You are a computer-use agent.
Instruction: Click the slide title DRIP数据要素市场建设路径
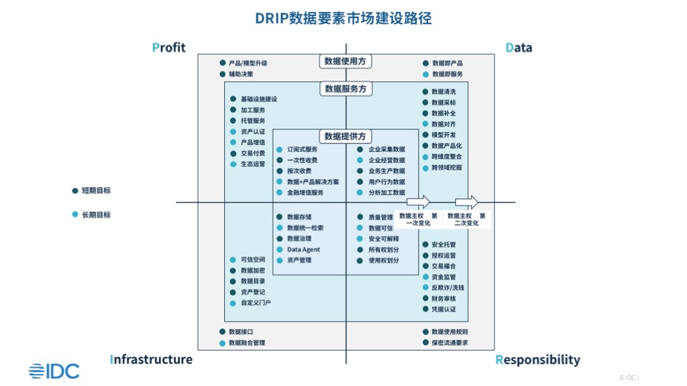(x=343, y=18)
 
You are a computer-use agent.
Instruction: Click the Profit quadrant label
(x=168, y=48)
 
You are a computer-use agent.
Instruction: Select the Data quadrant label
(x=519, y=48)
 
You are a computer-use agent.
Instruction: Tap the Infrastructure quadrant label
(x=151, y=359)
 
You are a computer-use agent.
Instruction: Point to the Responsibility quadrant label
(x=537, y=360)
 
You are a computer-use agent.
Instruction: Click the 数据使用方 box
(x=346, y=62)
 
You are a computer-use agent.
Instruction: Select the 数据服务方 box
(x=346, y=89)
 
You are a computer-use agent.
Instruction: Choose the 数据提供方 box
(x=346, y=136)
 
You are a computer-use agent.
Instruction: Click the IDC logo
(x=54, y=371)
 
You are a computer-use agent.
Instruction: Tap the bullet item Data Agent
(x=303, y=250)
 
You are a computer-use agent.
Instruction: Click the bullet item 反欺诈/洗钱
(x=447, y=287)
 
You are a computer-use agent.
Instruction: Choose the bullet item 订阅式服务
(x=302, y=149)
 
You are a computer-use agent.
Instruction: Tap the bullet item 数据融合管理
(x=247, y=343)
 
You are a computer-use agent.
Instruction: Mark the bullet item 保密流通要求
(x=450, y=343)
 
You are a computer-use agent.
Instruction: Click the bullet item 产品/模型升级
(x=248, y=63)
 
